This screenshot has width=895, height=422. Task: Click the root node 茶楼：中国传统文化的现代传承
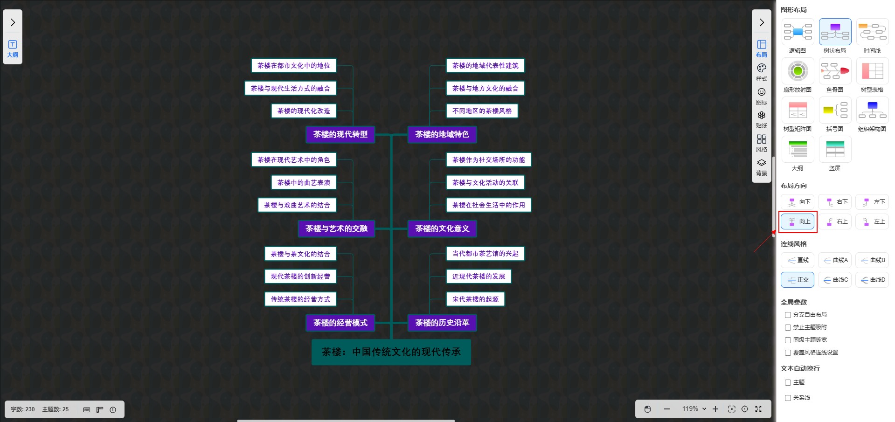(x=391, y=352)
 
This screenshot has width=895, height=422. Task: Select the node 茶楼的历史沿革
(x=442, y=323)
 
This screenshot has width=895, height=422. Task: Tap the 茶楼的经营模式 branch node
(x=340, y=323)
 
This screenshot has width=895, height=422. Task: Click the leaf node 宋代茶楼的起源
(x=475, y=299)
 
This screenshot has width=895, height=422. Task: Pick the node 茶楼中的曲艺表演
(x=303, y=183)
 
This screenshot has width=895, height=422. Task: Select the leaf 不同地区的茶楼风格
(x=482, y=111)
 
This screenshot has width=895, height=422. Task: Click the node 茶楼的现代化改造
(x=303, y=111)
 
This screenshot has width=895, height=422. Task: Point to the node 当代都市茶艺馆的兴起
(x=485, y=254)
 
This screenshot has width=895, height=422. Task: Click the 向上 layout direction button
(x=798, y=221)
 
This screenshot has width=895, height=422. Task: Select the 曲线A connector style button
(x=835, y=260)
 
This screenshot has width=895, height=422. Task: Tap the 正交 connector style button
(x=798, y=280)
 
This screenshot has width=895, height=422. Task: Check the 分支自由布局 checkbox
(x=788, y=315)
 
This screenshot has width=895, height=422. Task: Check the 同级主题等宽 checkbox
(x=788, y=340)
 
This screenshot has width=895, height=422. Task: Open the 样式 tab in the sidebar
(x=761, y=72)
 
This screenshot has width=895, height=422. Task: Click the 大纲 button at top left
(x=13, y=48)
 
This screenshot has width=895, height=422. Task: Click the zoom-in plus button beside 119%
(x=715, y=409)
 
